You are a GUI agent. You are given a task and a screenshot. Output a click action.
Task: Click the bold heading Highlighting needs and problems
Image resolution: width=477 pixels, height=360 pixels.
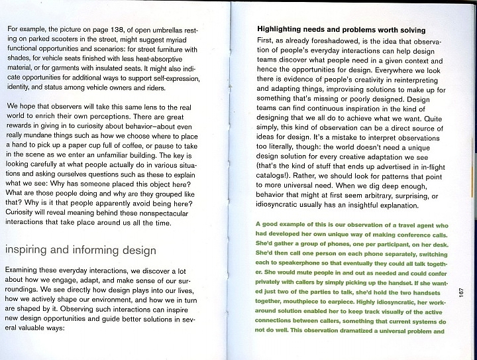coord(341,31)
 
